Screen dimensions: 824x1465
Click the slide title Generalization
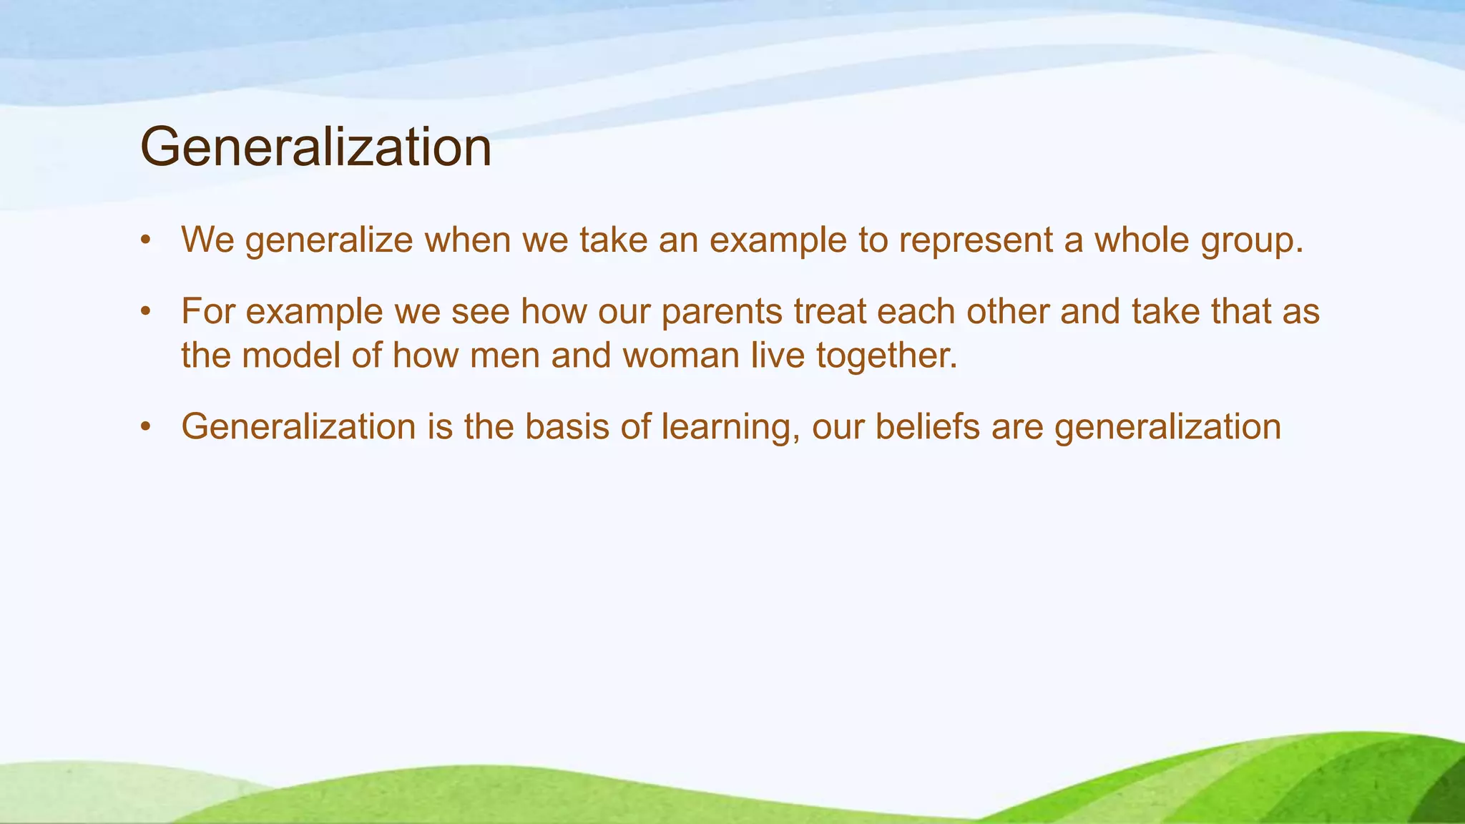(315, 147)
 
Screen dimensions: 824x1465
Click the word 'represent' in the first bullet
(975, 240)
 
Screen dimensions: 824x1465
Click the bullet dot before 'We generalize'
(146, 241)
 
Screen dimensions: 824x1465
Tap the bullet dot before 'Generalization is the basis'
(146, 428)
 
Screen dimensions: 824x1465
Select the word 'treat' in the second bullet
(830, 312)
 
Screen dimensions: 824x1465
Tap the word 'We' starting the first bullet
(207, 240)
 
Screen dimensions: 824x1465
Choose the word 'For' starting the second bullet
(207, 312)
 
